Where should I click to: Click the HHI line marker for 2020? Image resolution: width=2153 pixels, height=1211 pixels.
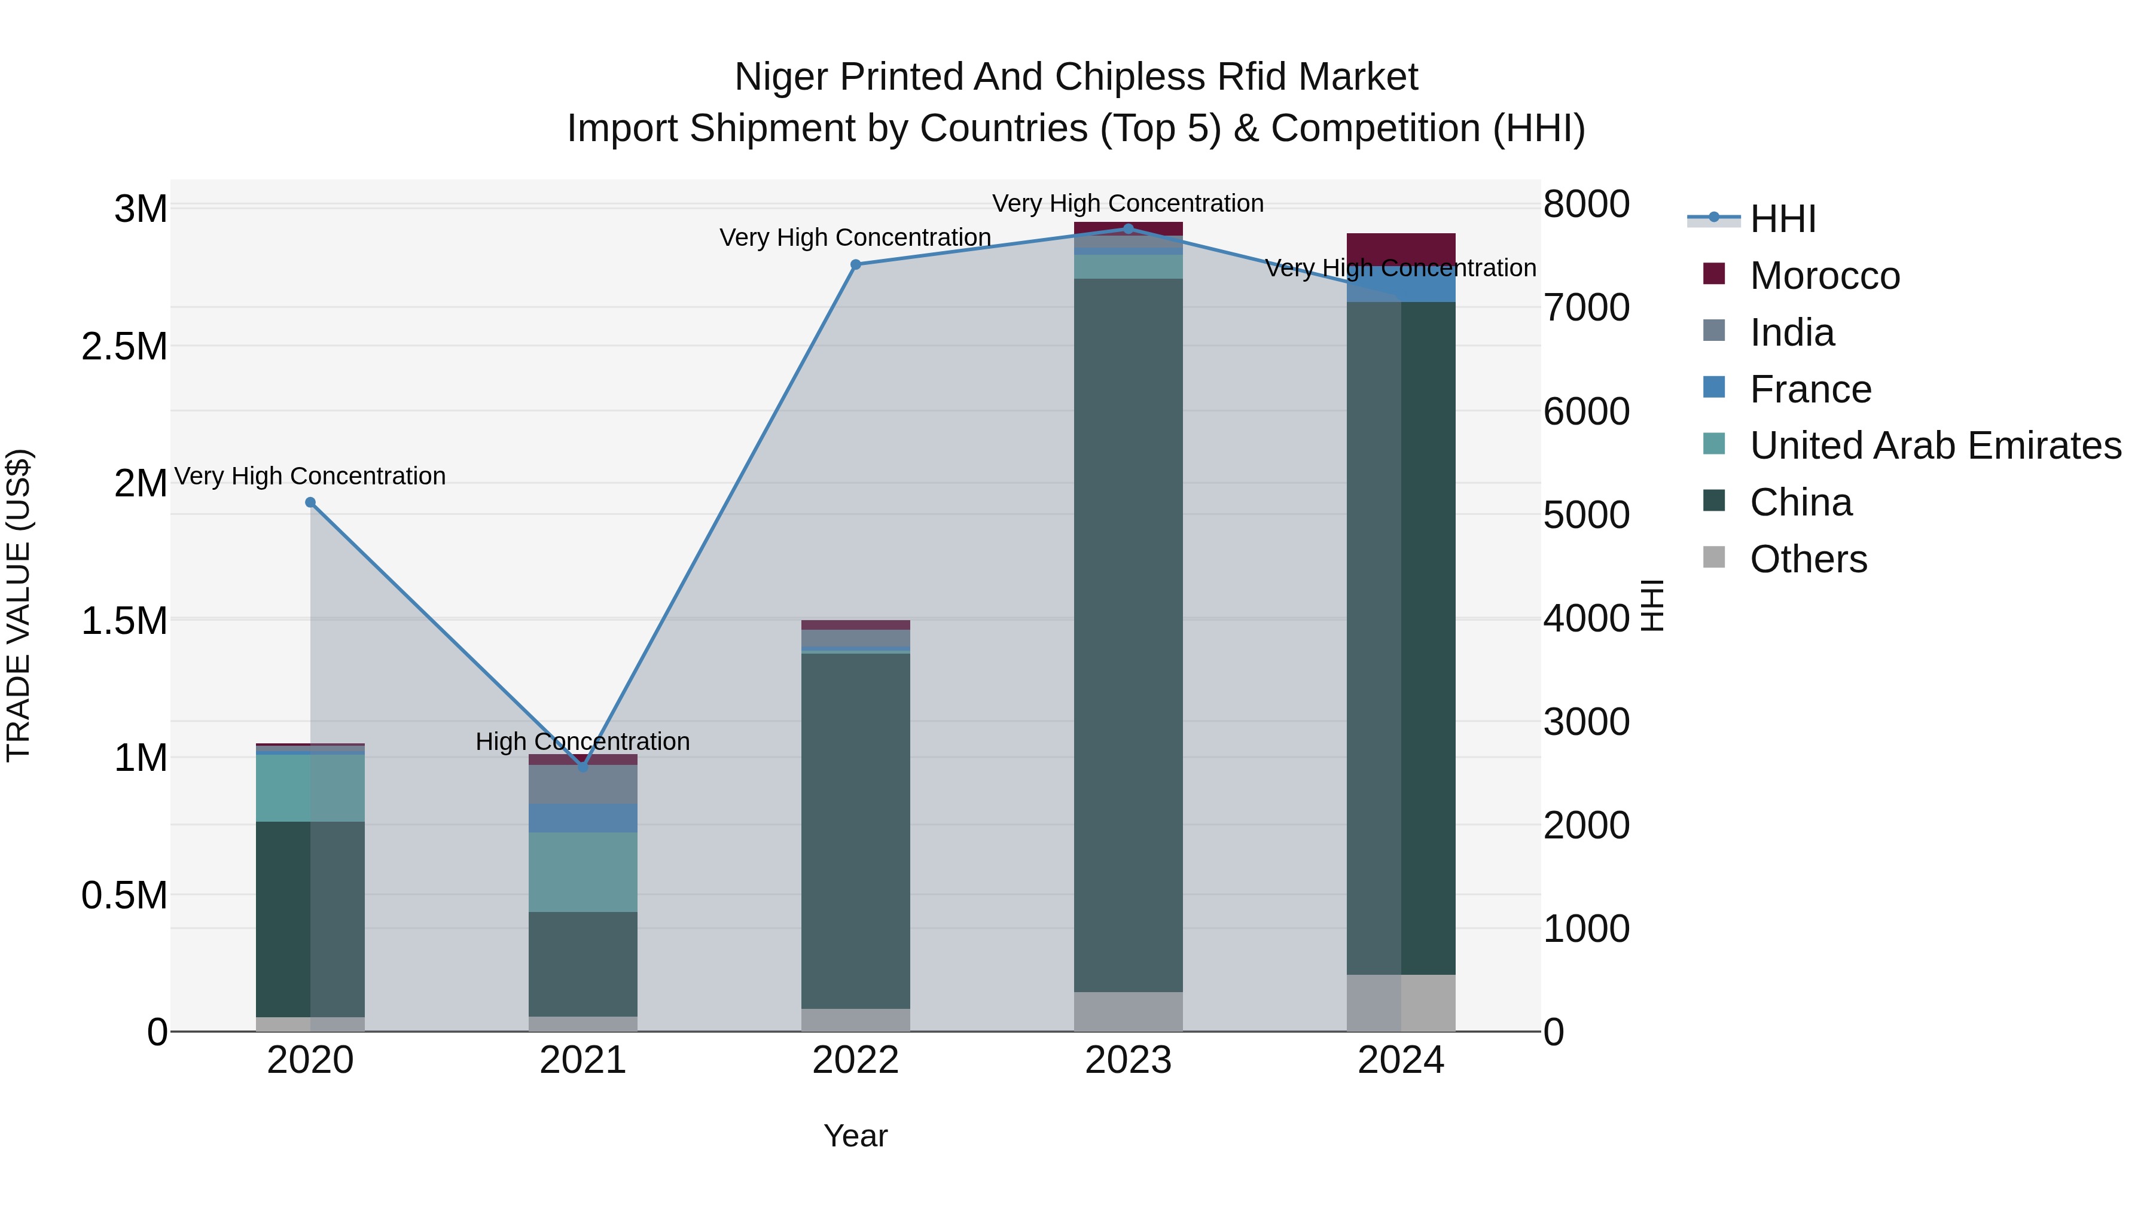click(x=310, y=502)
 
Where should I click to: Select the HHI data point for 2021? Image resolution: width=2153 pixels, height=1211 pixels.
click(x=583, y=765)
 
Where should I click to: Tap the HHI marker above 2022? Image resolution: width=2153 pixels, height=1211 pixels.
click(x=855, y=265)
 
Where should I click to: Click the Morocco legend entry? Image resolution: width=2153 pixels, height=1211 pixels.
click(x=1825, y=276)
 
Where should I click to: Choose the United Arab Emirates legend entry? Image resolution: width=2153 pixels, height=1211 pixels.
click(x=1935, y=446)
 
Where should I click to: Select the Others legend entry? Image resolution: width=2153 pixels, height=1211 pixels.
click(x=1808, y=559)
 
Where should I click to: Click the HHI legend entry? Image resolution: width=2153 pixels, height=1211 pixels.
click(x=1782, y=219)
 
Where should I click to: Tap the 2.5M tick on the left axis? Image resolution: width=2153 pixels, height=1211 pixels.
click(x=124, y=347)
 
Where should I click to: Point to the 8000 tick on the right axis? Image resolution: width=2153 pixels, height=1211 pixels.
click(x=1585, y=205)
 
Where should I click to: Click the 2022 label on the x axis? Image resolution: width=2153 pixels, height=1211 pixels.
click(x=855, y=1060)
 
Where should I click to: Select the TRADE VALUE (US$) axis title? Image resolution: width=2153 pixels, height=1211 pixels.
click(x=19, y=605)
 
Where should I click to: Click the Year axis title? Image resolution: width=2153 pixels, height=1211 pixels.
click(x=855, y=1136)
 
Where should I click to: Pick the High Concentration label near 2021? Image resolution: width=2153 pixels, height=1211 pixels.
click(x=583, y=742)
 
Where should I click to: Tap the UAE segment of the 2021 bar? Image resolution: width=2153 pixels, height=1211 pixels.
click(x=583, y=872)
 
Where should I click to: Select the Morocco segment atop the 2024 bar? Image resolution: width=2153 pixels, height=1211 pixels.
click(x=1401, y=249)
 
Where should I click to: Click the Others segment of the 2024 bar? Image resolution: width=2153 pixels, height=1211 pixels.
click(x=1401, y=1002)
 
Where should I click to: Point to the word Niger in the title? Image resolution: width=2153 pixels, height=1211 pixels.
click(x=782, y=77)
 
